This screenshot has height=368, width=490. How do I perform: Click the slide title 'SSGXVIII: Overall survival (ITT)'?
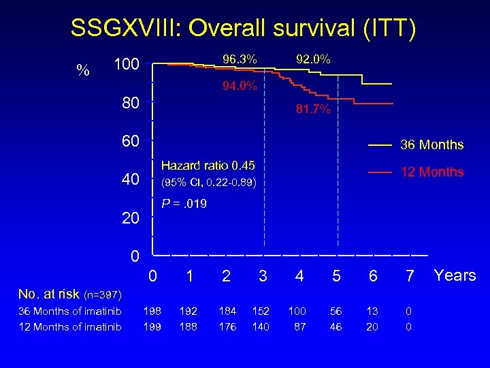pyautogui.click(x=244, y=29)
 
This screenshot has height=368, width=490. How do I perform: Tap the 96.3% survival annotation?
pyautogui.click(x=240, y=60)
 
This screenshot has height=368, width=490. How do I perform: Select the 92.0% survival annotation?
pyautogui.click(x=313, y=60)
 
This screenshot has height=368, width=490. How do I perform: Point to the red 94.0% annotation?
pyautogui.click(x=240, y=86)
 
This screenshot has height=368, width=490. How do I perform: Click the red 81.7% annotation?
pyautogui.click(x=313, y=110)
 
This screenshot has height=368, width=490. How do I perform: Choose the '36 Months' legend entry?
pyautogui.click(x=431, y=145)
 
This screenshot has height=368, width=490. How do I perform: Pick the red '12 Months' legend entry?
pyautogui.click(x=431, y=172)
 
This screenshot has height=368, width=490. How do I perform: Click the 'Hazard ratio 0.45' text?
pyautogui.click(x=208, y=166)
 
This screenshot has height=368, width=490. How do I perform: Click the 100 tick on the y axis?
pyautogui.click(x=127, y=65)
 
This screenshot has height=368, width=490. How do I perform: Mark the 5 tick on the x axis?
pyautogui.click(x=336, y=276)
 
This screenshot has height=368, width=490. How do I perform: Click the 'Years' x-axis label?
pyautogui.click(x=455, y=275)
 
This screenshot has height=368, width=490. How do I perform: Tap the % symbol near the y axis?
pyautogui.click(x=84, y=70)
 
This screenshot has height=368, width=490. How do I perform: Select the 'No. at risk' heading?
pyautogui.click(x=70, y=294)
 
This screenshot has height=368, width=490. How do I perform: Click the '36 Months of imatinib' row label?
pyautogui.click(x=70, y=312)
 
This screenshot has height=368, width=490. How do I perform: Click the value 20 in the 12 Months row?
pyautogui.click(x=372, y=327)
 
